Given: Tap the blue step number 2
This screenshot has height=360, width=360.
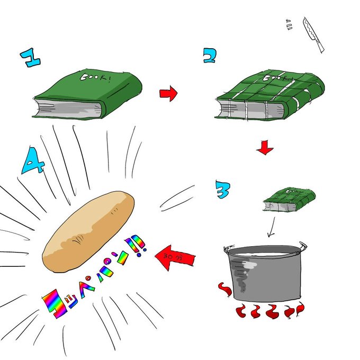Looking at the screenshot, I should [x=210, y=55].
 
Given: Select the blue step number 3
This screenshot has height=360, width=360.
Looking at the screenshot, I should [x=222, y=188].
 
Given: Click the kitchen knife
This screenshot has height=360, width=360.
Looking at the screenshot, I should [x=312, y=34].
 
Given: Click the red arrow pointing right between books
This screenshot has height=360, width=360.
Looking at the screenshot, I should [x=168, y=94].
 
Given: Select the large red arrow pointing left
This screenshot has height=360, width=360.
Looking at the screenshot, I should [x=175, y=257].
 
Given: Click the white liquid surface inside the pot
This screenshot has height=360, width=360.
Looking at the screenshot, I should [x=265, y=254].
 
